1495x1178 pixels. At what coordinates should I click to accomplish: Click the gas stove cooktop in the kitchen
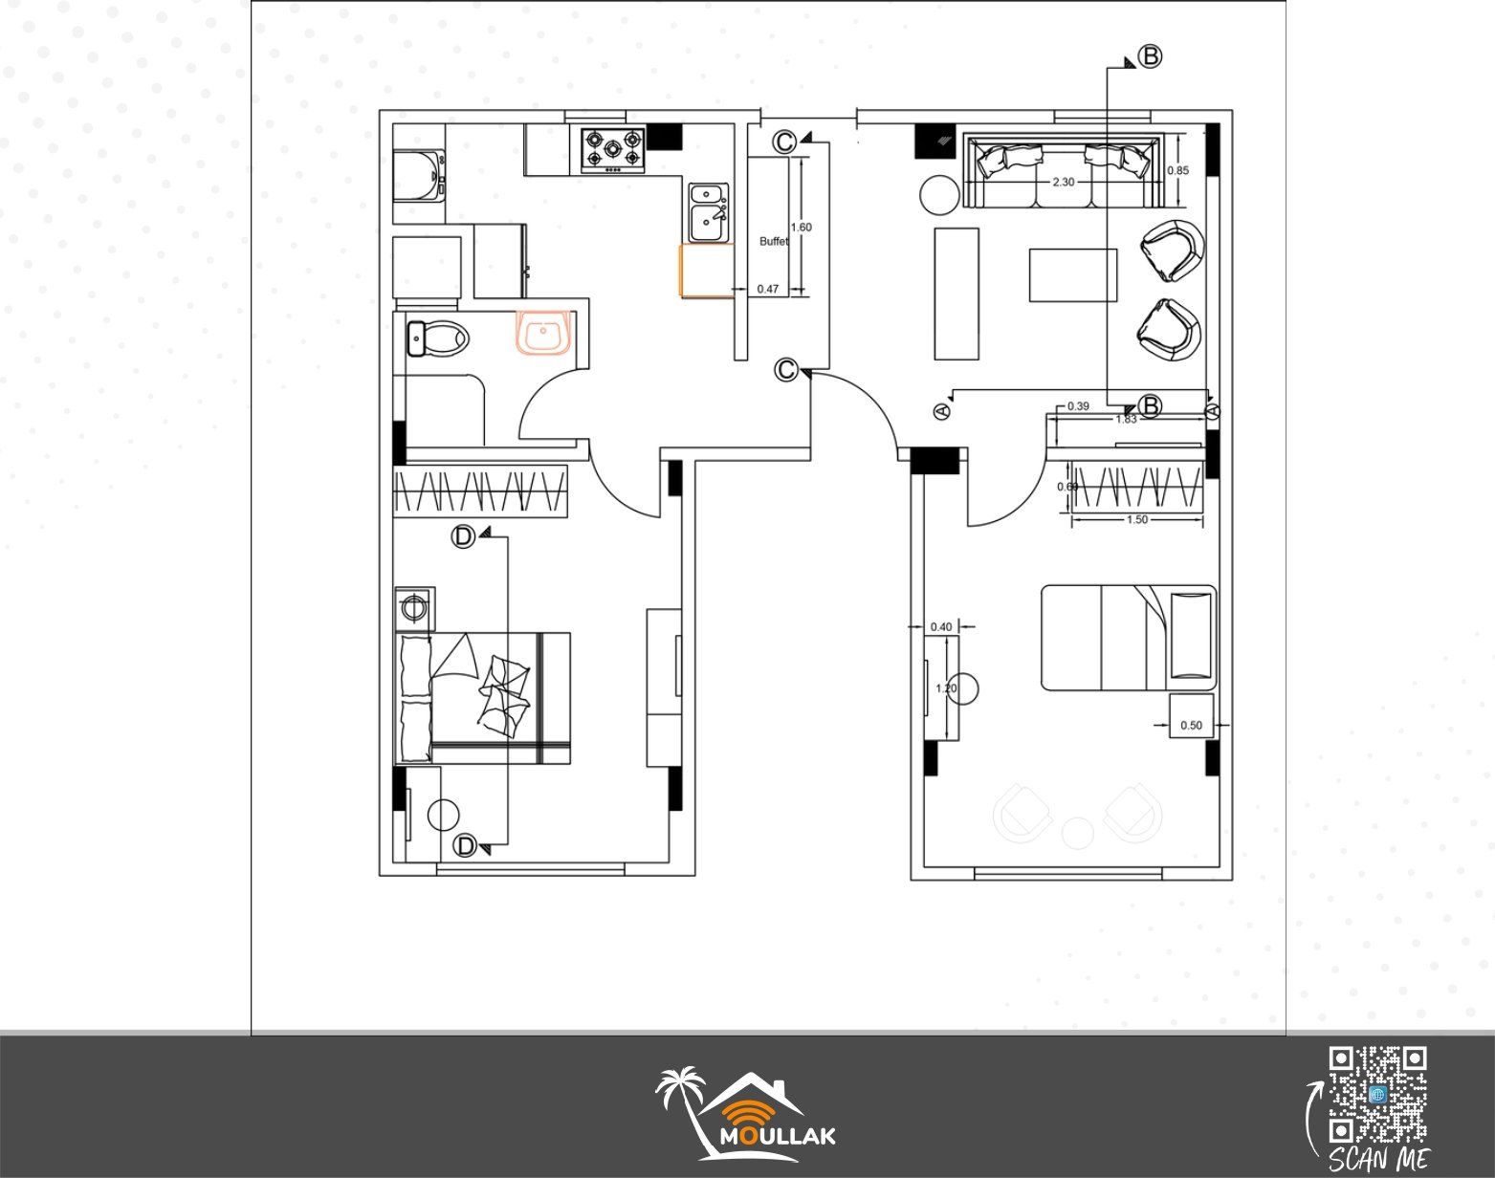click(613, 149)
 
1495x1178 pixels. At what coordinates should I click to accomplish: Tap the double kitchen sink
click(709, 212)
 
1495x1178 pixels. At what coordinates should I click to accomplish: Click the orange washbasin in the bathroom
click(544, 333)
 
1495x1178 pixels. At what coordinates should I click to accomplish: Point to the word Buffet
click(773, 241)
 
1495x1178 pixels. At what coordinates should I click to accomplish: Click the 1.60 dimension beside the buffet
click(801, 228)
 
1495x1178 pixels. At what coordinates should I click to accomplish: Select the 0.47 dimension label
click(768, 289)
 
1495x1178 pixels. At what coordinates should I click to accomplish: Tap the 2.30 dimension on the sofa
click(1064, 182)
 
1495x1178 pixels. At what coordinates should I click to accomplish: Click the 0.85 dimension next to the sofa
click(1178, 170)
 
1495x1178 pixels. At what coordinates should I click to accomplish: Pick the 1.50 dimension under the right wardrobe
click(1137, 519)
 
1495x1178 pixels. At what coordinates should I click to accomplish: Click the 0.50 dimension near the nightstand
click(1192, 725)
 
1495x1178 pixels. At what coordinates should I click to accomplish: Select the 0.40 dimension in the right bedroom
click(941, 627)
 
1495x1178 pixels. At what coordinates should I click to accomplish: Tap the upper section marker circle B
click(1151, 56)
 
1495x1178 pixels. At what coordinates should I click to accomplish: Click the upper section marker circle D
click(463, 536)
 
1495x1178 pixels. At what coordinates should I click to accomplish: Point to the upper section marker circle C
click(785, 142)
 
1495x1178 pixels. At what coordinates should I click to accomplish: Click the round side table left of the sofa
click(939, 195)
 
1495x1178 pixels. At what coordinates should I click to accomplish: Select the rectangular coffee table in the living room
click(1073, 275)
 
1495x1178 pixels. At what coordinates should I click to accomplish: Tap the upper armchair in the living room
click(1173, 251)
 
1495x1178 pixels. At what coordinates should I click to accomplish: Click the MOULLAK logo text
click(778, 1137)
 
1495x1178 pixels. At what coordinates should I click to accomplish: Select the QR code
click(1378, 1095)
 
